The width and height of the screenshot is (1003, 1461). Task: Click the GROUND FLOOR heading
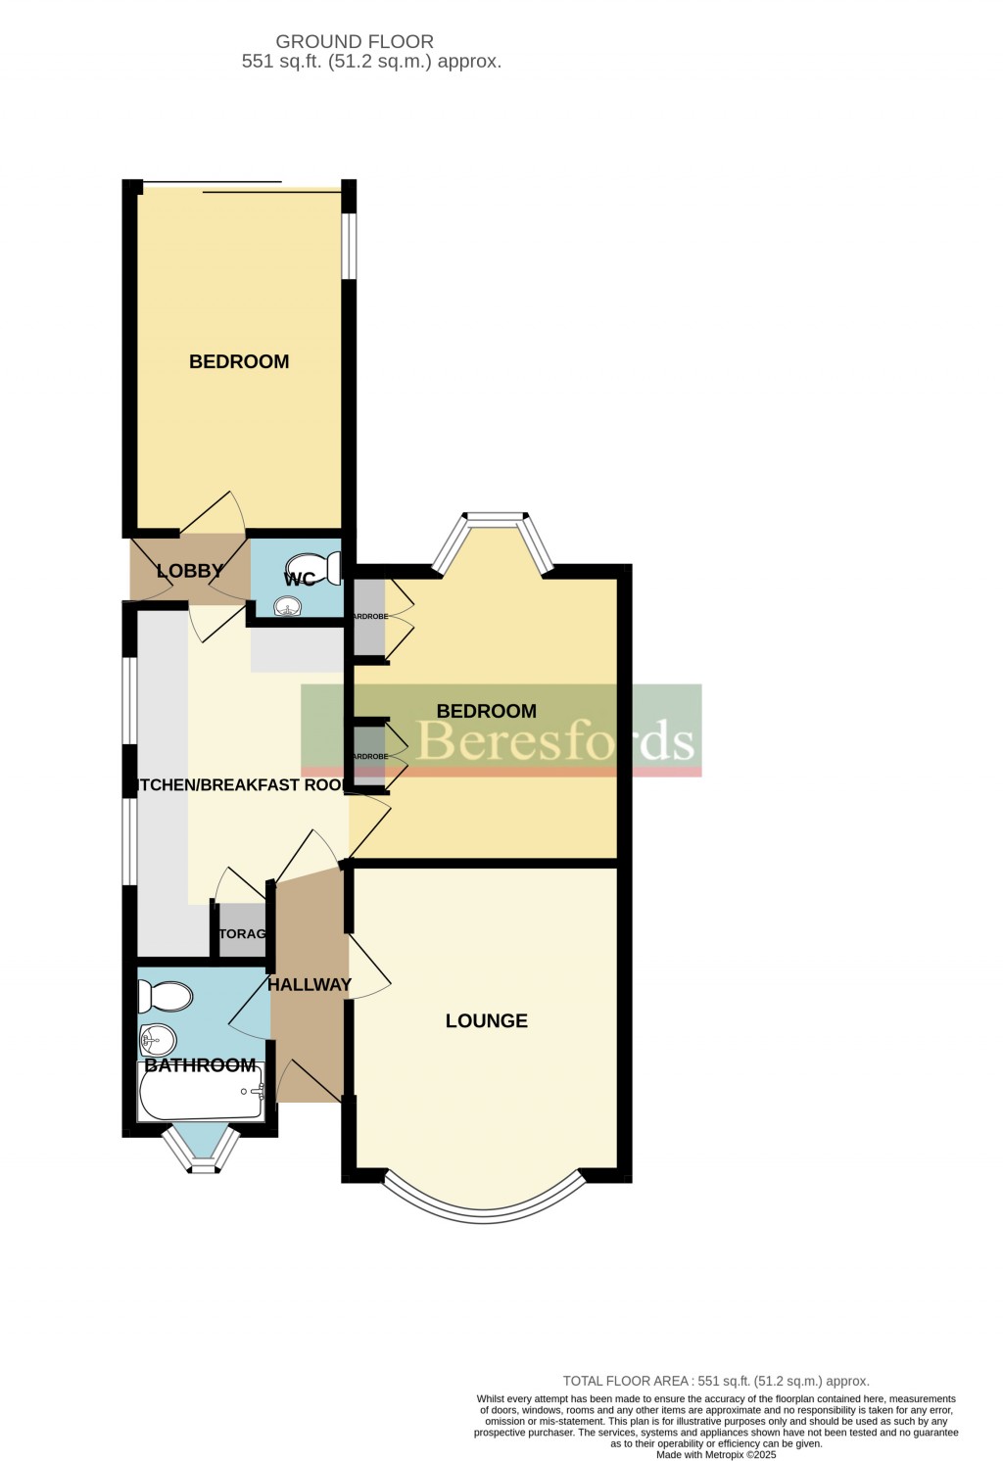(x=355, y=41)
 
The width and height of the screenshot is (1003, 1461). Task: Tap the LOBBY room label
(x=190, y=571)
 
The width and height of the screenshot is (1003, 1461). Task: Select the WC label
(x=300, y=579)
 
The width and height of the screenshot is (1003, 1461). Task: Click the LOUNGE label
(x=487, y=1020)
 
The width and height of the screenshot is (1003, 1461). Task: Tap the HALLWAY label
(x=310, y=984)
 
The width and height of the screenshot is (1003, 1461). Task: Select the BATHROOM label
(x=200, y=1064)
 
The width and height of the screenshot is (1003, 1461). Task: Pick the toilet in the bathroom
(x=165, y=997)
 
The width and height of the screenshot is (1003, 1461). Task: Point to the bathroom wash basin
(x=157, y=1038)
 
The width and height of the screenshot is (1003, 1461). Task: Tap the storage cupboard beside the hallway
(x=242, y=934)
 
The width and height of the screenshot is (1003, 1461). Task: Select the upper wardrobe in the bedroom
(x=370, y=618)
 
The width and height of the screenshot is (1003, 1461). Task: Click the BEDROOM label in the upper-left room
(x=239, y=361)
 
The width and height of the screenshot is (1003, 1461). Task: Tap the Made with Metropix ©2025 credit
(x=716, y=1454)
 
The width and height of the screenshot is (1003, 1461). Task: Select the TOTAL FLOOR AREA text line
(x=716, y=1381)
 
